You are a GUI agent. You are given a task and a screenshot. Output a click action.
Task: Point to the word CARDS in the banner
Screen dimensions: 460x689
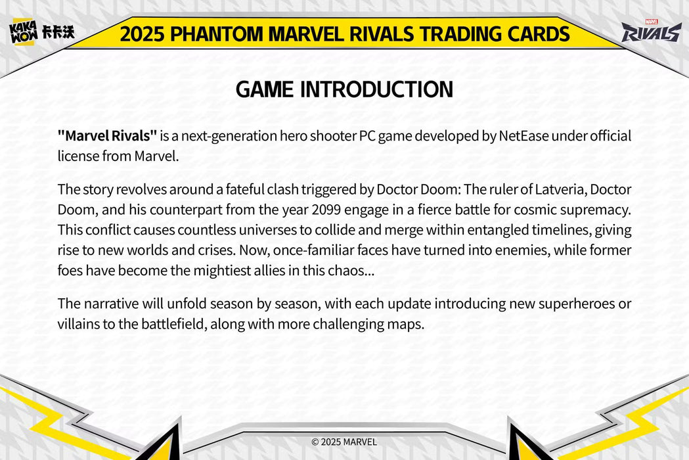541,34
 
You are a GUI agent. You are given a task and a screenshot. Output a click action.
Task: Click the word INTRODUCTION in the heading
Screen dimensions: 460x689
376,89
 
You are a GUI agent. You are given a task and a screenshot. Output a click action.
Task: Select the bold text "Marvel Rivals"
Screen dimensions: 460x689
107,136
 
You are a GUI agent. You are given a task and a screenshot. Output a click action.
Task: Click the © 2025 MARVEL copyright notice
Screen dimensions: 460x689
344,442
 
